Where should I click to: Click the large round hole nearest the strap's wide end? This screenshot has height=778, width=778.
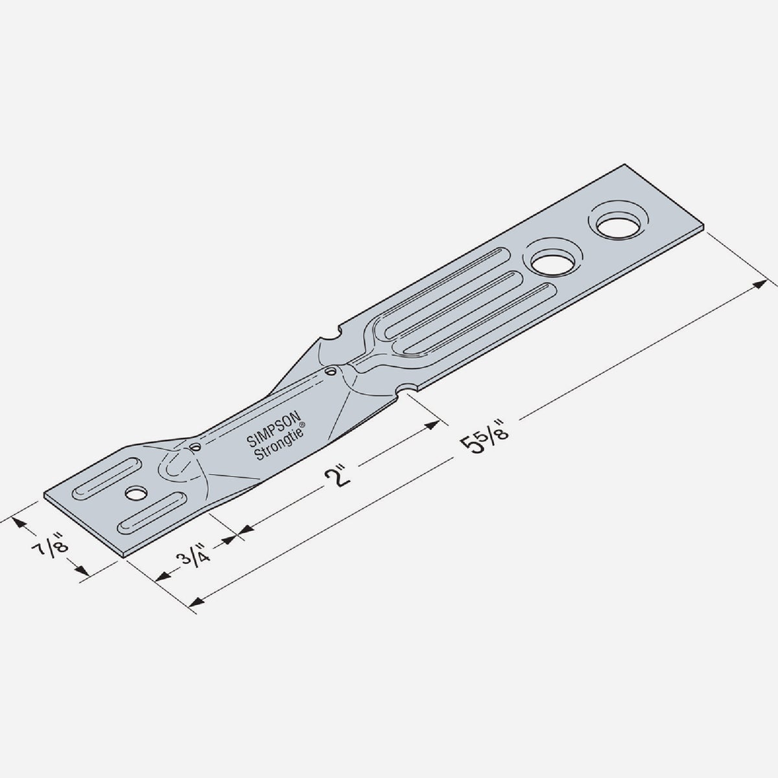click(617, 225)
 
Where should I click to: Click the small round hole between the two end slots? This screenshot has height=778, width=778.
click(135, 494)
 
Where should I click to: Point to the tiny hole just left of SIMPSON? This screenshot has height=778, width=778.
click(194, 447)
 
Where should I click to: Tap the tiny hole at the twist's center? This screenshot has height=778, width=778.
click(331, 371)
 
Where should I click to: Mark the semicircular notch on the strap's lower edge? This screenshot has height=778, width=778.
click(407, 389)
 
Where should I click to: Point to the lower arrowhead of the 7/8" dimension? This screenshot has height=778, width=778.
click(81, 571)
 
